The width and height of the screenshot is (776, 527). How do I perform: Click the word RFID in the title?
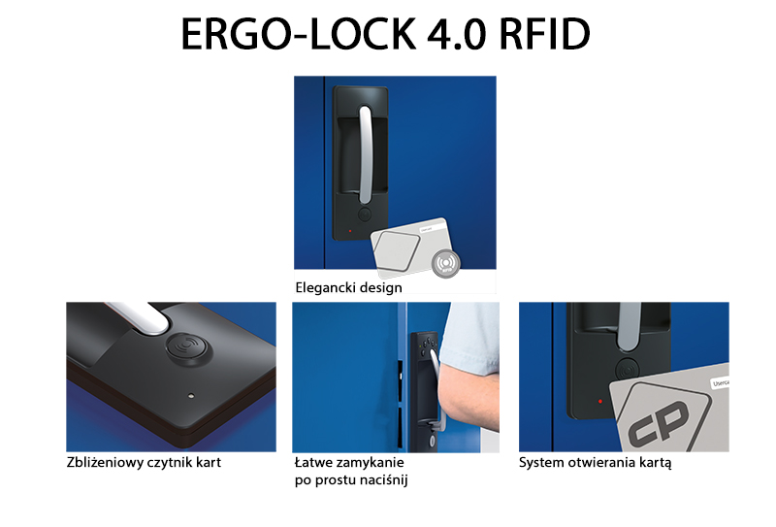[x=545, y=34]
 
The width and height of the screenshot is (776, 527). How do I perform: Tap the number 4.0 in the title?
[x=455, y=34]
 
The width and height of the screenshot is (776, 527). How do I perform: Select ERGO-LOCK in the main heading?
[x=299, y=34]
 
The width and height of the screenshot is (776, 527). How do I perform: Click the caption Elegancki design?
[x=348, y=288]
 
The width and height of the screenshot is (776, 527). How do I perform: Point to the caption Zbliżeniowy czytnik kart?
[x=144, y=463]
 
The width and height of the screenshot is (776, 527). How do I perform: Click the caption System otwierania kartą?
[x=595, y=463]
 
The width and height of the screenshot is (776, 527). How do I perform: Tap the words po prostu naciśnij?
[x=351, y=480]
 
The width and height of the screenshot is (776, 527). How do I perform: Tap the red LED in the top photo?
[x=350, y=231]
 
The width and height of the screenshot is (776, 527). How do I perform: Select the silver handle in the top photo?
[x=365, y=154]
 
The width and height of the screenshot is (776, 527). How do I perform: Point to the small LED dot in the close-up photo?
[x=191, y=396]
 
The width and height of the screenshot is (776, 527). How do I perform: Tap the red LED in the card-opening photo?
[x=600, y=401]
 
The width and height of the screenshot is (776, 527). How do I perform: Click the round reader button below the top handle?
[x=365, y=214]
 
